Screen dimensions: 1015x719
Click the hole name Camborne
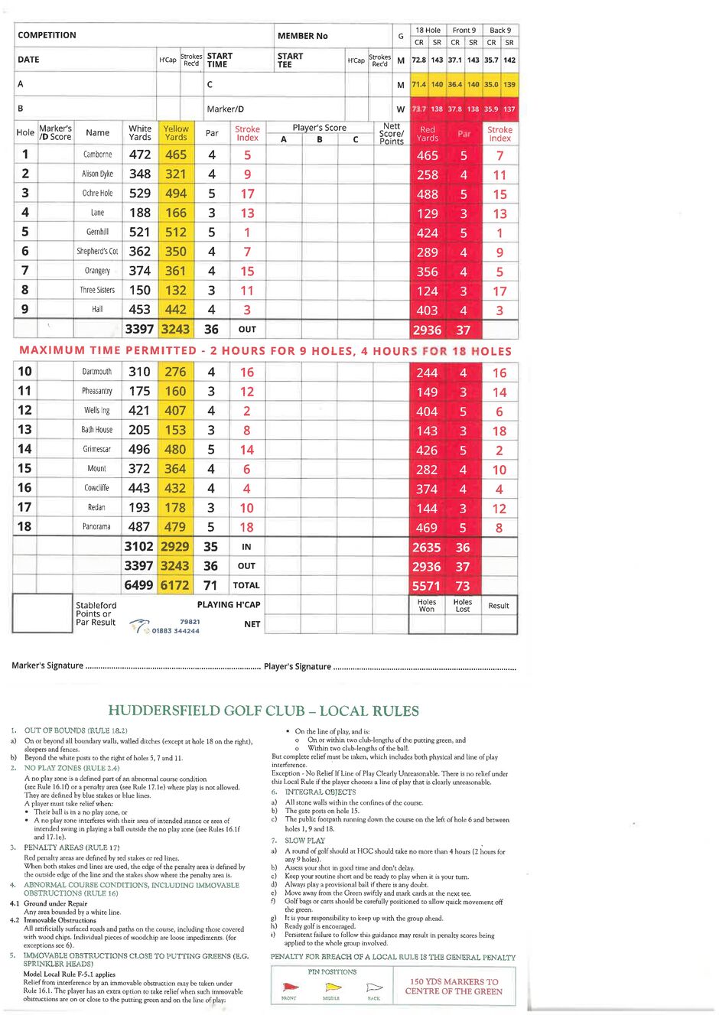click(x=97, y=155)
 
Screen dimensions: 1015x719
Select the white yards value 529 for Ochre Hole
click(x=140, y=194)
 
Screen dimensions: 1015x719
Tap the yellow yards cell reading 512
click(x=176, y=232)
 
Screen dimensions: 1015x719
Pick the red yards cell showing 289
click(x=427, y=252)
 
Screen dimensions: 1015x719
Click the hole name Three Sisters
click(x=97, y=290)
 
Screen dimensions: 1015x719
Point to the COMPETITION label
click(x=47, y=35)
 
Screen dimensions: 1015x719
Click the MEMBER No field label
click(x=302, y=36)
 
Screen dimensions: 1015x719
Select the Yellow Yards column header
click(x=176, y=133)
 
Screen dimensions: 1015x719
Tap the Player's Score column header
click(x=319, y=128)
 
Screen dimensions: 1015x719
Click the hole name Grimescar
click(x=97, y=449)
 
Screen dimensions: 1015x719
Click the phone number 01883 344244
click(x=175, y=631)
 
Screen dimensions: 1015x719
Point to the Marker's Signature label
click(x=47, y=665)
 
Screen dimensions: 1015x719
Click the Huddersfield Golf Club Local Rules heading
click(x=263, y=711)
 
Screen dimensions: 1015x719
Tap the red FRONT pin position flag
click(x=291, y=987)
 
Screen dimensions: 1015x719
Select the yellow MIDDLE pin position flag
click(x=333, y=987)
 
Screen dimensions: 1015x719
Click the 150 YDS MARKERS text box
click(x=454, y=986)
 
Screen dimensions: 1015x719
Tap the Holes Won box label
click(x=427, y=605)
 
